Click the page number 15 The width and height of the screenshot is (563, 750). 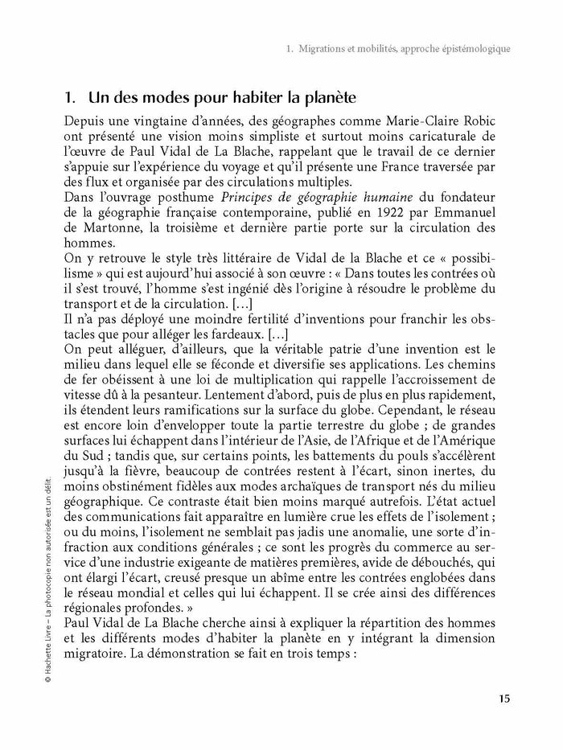(x=503, y=698)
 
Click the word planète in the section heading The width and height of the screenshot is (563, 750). (x=328, y=98)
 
